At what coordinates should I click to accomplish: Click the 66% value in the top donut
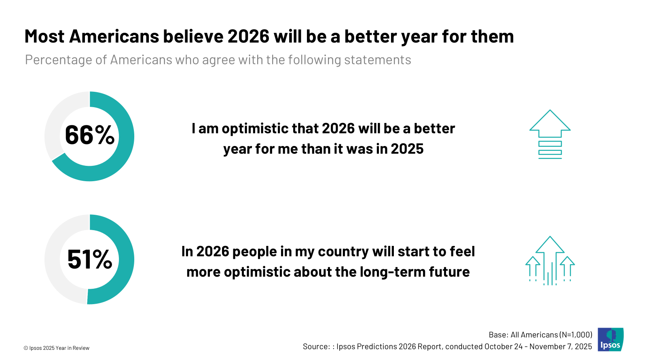89,135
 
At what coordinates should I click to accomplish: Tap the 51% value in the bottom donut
89,259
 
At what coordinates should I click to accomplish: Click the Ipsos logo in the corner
610,339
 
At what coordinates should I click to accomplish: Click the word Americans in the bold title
114,36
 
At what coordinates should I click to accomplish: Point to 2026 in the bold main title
248,36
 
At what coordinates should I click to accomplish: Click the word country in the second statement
343,252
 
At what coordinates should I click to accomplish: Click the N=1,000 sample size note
576,334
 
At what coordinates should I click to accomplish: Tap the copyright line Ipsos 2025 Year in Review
57,348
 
